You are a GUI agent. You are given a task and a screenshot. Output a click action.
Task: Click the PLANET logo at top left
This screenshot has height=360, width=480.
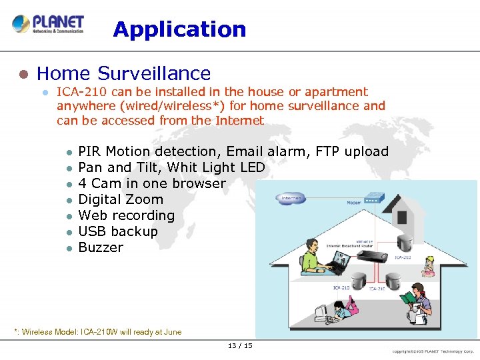(x=48, y=25)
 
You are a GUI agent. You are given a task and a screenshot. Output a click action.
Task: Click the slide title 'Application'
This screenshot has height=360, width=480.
(x=179, y=29)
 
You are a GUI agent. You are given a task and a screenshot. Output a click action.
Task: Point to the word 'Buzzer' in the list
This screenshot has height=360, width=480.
(x=101, y=247)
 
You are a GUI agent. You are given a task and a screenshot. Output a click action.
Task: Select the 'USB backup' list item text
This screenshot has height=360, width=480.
(x=118, y=231)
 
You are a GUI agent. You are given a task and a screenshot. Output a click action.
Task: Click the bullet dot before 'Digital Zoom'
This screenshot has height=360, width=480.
(x=67, y=200)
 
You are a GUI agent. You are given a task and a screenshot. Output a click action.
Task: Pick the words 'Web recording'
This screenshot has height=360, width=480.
(x=126, y=215)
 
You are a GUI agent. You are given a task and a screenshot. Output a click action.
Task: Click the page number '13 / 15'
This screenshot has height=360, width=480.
(x=240, y=345)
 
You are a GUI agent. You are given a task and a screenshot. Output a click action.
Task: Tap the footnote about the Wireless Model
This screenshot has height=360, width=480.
(x=98, y=332)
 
